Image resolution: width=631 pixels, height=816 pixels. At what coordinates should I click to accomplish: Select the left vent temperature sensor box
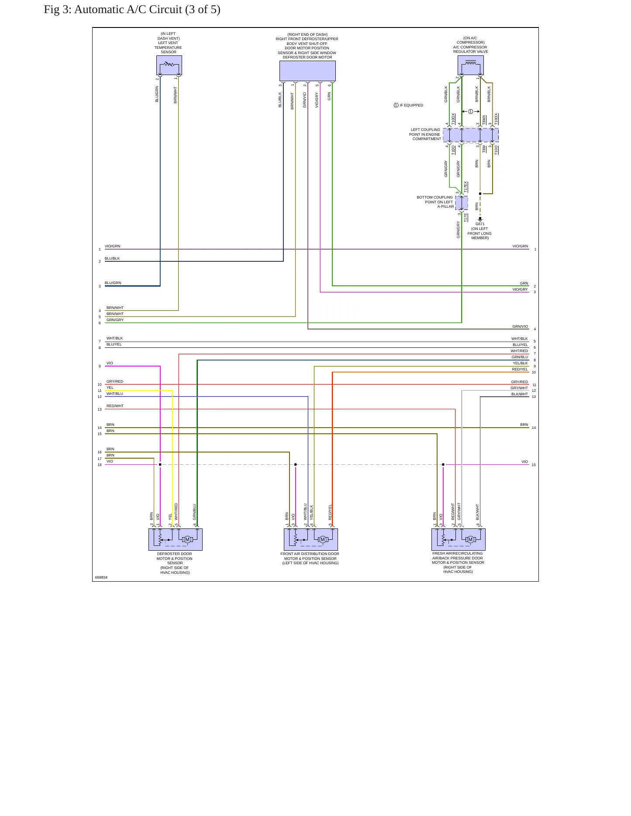169,65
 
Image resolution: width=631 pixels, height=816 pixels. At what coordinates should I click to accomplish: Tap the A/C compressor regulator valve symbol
471,65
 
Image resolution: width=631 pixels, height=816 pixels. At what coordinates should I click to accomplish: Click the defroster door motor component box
175,539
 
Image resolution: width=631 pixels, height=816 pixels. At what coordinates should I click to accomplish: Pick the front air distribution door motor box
311,539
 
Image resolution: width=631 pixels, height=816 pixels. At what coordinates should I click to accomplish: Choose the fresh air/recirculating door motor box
458,539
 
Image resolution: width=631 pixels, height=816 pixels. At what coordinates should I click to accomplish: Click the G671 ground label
480,224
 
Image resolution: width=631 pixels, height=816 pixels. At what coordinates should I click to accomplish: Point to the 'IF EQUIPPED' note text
411,105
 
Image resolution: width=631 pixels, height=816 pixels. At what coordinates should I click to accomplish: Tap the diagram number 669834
101,577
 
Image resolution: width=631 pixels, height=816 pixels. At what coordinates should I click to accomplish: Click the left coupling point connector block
471,135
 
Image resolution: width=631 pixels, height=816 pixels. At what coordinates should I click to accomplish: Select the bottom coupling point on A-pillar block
462,203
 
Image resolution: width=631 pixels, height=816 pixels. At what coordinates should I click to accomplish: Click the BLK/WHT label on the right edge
520,394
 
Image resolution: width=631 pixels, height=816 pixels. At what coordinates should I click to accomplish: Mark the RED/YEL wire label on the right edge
520,369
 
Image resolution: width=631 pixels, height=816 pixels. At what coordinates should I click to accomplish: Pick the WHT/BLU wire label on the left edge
115,394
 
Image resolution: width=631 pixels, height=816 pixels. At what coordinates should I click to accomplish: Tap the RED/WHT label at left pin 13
115,406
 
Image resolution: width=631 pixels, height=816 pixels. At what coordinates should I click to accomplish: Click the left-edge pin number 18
100,465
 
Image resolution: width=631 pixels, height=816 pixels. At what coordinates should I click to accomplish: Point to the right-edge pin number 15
534,465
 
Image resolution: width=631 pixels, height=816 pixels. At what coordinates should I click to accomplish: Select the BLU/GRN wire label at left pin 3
113,283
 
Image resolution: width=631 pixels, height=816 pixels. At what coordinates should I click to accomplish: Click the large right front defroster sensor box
307,71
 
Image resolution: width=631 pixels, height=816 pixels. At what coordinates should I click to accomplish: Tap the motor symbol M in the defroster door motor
187,540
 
